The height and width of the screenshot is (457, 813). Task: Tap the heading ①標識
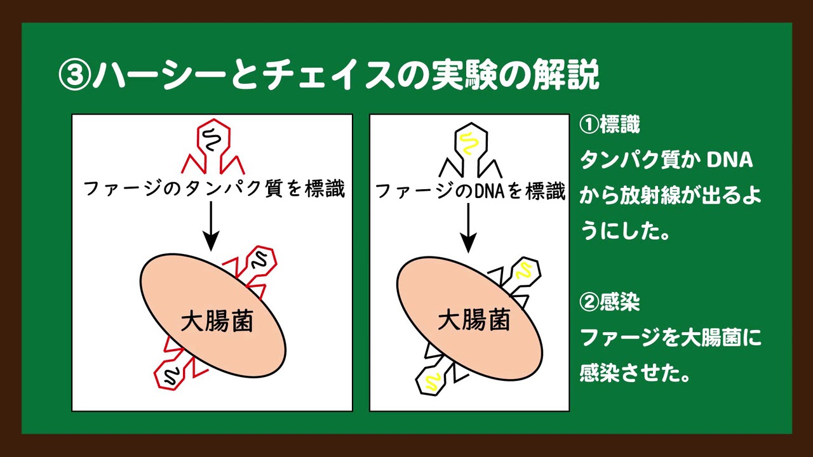tap(609, 125)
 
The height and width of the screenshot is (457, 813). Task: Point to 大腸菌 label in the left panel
tap(217, 321)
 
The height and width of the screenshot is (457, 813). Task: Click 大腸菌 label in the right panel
tap(474, 319)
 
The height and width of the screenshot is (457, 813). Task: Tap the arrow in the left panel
tap(211, 226)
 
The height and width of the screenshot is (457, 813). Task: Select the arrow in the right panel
tap(469, 228)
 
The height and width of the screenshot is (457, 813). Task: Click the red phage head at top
tap(213, 136)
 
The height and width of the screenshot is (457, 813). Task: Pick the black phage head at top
tap(471, 140)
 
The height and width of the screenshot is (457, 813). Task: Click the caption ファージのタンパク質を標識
tap(214, 189)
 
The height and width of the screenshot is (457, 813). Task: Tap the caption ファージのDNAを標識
tap(470, 191)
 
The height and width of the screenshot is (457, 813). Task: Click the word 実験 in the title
tap(461, 77)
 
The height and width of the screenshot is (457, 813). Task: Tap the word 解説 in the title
tap(565, 77)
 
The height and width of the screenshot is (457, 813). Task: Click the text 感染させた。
tap(635, 373)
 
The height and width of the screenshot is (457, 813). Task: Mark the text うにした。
tap(624, 231)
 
